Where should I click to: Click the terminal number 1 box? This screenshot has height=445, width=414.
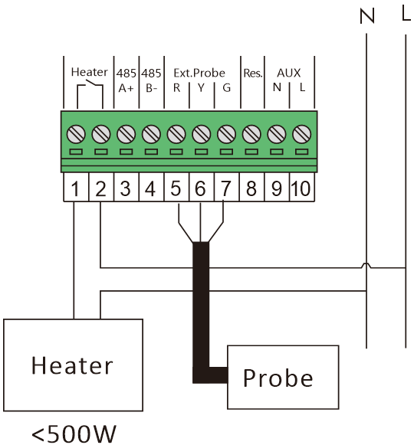pyautogui.click(x=76, y=187)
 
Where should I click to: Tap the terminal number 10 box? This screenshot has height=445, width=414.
pyautogui.click(x=302, y=187)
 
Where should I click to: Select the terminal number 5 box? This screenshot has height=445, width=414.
pyautogui.click(x=176, y=187)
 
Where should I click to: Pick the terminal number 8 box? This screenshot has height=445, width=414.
pyautogui.click(x=251, y=187)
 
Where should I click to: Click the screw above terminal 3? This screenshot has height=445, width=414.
pyautogui.click(x=127, y=134)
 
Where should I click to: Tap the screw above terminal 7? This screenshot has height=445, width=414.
pyautogui.click(x=226, y=134)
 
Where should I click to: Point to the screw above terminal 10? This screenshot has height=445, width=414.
pyautogui.click(x=302, y=134)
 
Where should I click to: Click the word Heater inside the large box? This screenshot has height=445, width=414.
pyautogui.click(x=72, y=365)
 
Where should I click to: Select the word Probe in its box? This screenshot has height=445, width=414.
pyautogui.click(x=278, y=378)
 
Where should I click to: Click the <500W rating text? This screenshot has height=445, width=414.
pyautogui.click(x=74, y=434)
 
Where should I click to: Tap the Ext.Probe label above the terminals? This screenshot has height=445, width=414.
pyautogui.click(x=199, y=74)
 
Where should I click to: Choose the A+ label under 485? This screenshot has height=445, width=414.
pyautogui.click(x=126, y=88)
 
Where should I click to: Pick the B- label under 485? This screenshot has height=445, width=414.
pyautogui.click(x=151, y=88)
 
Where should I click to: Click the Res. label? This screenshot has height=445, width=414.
pyautogui.click(x=252, y=74)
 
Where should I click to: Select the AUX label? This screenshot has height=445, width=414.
pyautogui.click(x=289, y=74)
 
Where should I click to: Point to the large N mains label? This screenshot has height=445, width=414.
pyautogui.click(x=366, y=16)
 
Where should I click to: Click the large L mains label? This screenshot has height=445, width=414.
pyautogui.click(x=406, y=14)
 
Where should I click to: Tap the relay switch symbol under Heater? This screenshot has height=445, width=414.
pyautogui.click(x=90, y=93)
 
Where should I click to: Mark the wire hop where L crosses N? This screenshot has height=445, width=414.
pyautogui.click(x=366, y=265)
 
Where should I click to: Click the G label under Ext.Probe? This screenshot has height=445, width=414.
pyautogui.click(x=226, y=87)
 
